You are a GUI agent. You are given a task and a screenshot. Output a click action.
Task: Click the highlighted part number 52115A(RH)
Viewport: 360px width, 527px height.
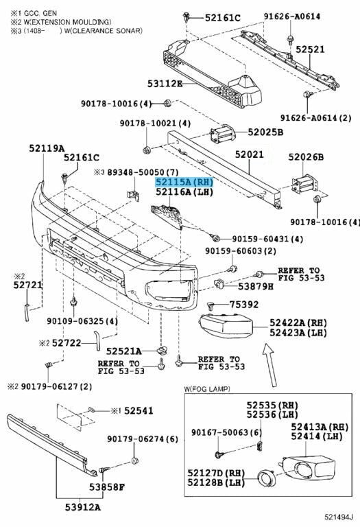click(x=184, y=182)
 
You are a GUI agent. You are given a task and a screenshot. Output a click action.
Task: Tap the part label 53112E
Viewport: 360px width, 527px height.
click(x=165, y=83)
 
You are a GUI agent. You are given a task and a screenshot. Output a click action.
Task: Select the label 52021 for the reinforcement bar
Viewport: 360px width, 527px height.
click(x=250, y=154)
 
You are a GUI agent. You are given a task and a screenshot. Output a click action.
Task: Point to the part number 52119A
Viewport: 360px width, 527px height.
click(x=47, y=148)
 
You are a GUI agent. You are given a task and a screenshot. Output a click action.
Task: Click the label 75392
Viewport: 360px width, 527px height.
click(x=244, y=305)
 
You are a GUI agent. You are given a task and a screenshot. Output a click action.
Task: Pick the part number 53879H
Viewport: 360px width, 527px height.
click(x=256, y=286)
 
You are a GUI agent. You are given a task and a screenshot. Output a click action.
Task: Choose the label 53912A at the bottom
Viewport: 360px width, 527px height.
click(x=82, y=507)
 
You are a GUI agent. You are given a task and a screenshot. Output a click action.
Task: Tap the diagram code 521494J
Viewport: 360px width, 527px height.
click(x=339, y=517)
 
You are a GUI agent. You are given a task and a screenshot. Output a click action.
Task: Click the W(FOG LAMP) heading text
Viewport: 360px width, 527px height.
click(x=207, y=389)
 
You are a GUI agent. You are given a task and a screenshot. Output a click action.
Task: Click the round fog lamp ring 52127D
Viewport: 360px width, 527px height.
click(x=266, y=478)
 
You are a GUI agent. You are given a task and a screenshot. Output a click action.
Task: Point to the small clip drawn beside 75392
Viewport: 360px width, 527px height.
click(x=211, y=305)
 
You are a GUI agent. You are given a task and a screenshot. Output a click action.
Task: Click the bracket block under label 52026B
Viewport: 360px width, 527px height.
click(x=305, y=185)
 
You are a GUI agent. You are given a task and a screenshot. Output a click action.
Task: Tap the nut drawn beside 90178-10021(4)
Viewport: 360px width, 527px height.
click(x=147, y=150)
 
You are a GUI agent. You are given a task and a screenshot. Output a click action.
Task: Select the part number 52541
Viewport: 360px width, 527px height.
click(x=139, y=410)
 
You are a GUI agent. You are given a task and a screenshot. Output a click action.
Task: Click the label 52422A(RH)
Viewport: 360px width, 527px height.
click(x=298, y=323)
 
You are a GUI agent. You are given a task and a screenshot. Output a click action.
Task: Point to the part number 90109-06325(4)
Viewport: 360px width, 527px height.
click(x=82, y=321)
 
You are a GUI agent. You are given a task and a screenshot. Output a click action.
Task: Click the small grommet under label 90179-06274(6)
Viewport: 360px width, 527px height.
click(x=134, y=460)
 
